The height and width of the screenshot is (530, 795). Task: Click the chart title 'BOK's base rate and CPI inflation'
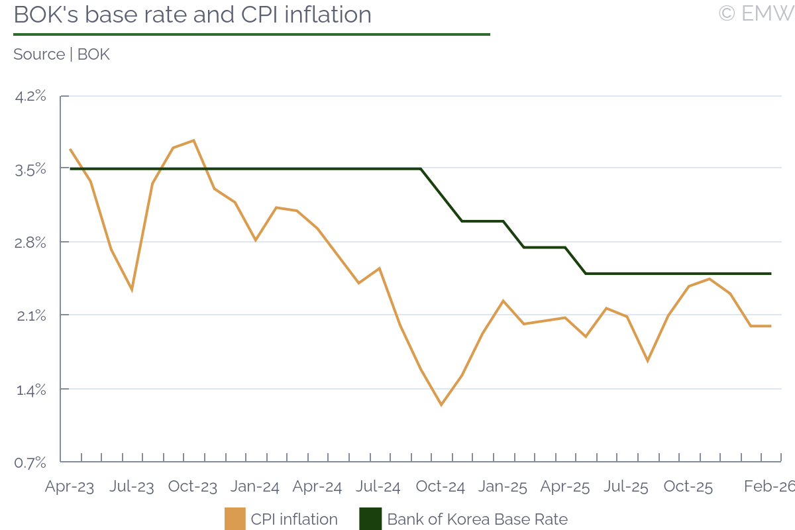tap(192, 15)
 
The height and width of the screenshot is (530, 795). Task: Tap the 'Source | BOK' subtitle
tap(62, 54)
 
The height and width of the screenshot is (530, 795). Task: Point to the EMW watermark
tap(756, 13)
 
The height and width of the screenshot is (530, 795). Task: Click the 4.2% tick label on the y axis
tap(31, 97)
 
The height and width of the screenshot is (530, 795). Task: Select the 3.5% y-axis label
tap(31, 170)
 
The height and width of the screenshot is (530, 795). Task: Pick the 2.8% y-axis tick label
tap(31, 242)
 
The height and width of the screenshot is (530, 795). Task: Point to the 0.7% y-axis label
tap(31, 462)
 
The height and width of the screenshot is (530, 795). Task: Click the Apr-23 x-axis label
tap(70, 487)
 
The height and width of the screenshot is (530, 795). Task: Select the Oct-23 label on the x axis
tap(193, 487)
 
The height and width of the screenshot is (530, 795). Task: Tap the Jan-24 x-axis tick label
tap(255, 487)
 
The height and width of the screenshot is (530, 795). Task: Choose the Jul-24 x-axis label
tap(378, 487)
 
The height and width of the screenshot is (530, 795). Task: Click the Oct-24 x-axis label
tap(441, 487)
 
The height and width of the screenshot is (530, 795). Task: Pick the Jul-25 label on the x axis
tap(626, 487)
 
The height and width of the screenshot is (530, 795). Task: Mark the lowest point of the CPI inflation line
tap(441, 405)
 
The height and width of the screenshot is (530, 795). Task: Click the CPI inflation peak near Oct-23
tap(193, 140)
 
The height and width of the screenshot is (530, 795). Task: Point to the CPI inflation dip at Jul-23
tap(132, 290)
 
